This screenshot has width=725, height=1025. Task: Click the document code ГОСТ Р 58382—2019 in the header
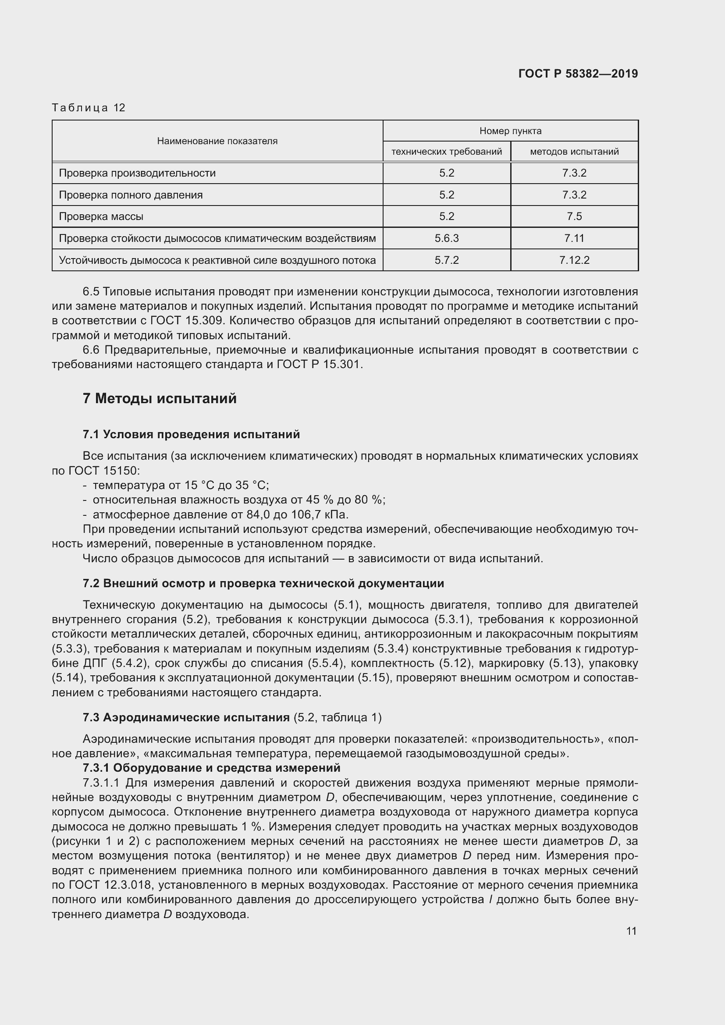coord(578,74)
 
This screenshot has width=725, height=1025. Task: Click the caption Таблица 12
coord(89,108)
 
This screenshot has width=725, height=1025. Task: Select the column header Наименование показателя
coord(217,141)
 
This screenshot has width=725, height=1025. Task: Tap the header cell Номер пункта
coord(510,131)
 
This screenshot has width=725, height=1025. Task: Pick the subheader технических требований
coord(446,152)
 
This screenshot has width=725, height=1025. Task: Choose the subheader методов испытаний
coord(574,152)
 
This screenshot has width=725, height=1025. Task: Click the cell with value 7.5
coord(574,216)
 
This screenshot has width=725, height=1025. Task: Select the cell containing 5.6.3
coord(446,238)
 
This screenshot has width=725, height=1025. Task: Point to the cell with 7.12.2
coord(574,260)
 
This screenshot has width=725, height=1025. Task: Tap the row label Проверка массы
coord(101,216)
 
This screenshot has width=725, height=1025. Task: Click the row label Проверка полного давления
coord(130,195)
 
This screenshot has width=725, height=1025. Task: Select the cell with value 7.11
coord(574,238)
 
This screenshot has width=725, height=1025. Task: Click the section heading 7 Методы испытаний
coord(160,398)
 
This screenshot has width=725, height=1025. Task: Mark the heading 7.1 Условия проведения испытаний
coord(191,434)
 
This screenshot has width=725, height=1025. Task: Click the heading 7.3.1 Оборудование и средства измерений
coord(211,768)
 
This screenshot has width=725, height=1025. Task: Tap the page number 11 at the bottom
coord(631,931)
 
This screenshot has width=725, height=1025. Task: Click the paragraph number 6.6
coord(92,350)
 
